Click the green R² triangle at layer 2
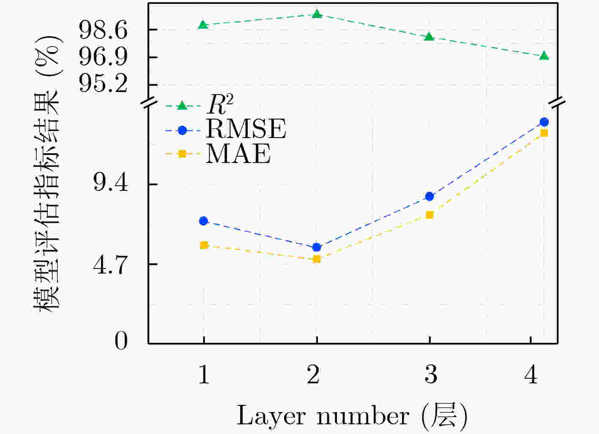317,14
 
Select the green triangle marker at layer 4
544,56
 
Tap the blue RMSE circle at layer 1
203,221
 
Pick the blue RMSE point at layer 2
317,247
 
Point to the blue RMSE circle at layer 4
544,122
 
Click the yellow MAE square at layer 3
429,215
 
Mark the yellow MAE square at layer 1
203,245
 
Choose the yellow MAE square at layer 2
317,259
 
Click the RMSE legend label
246,129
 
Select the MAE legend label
238,154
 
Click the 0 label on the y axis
121,341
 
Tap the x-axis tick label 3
431,374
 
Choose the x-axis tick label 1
204,374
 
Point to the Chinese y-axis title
48,173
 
